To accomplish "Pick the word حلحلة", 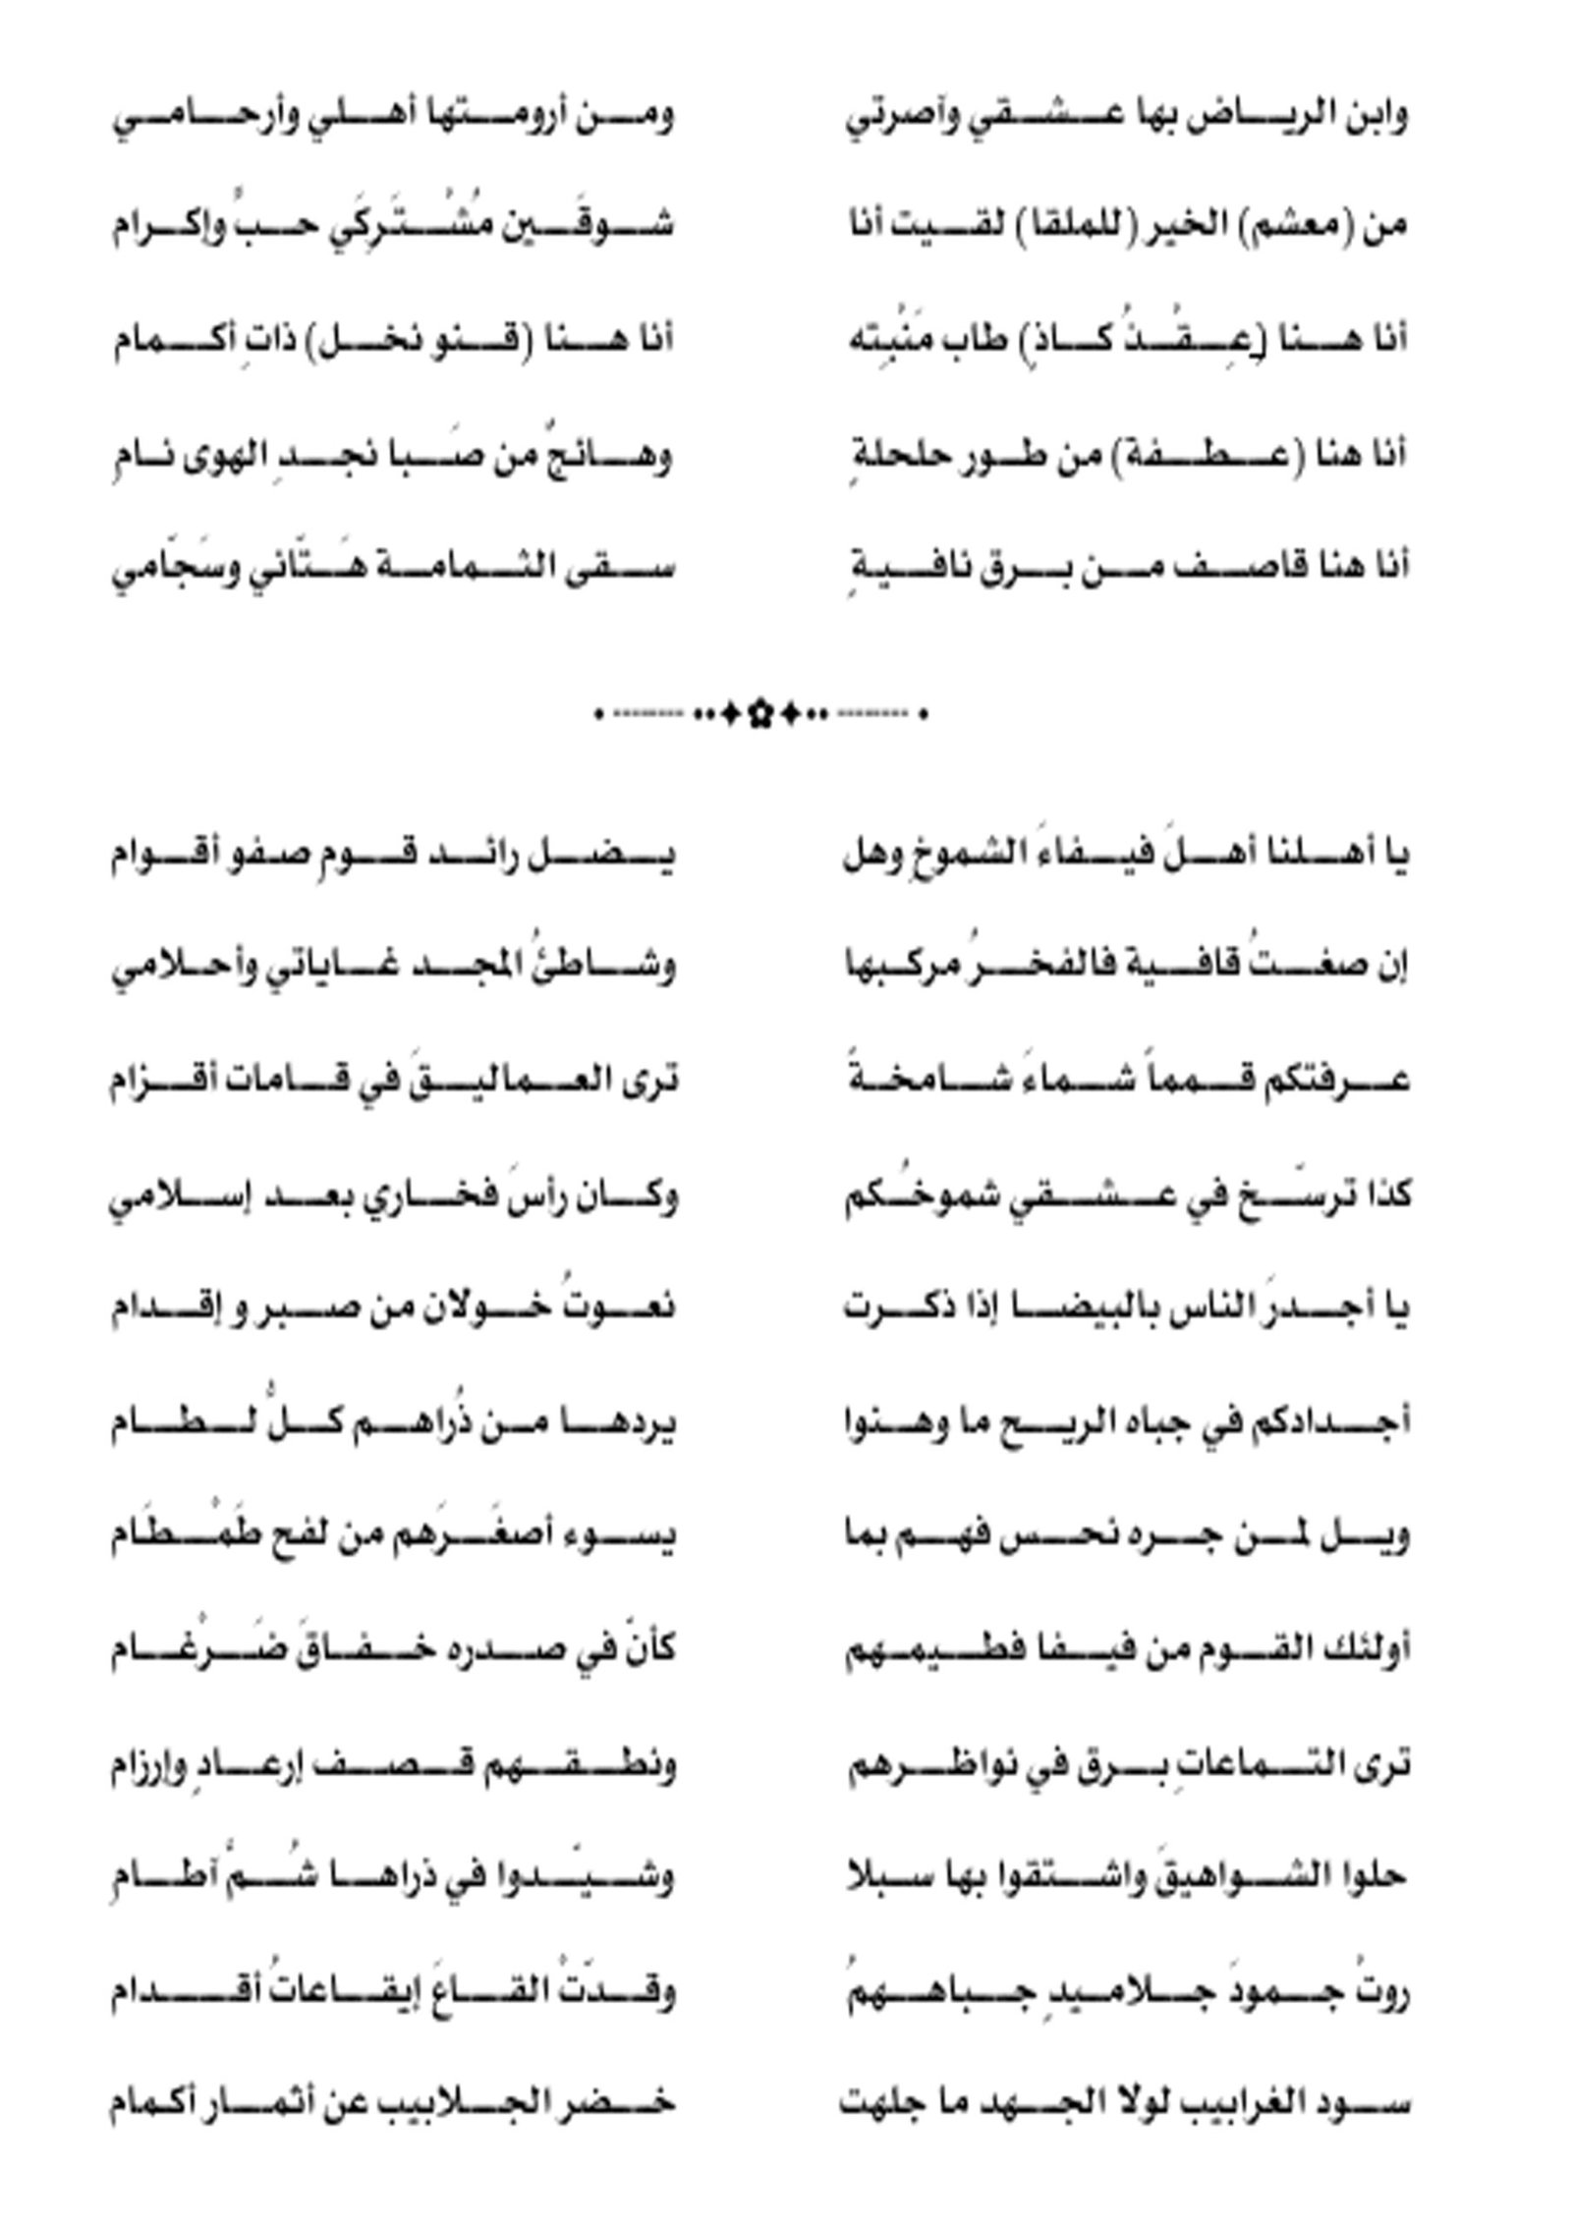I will tap(894, 456).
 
